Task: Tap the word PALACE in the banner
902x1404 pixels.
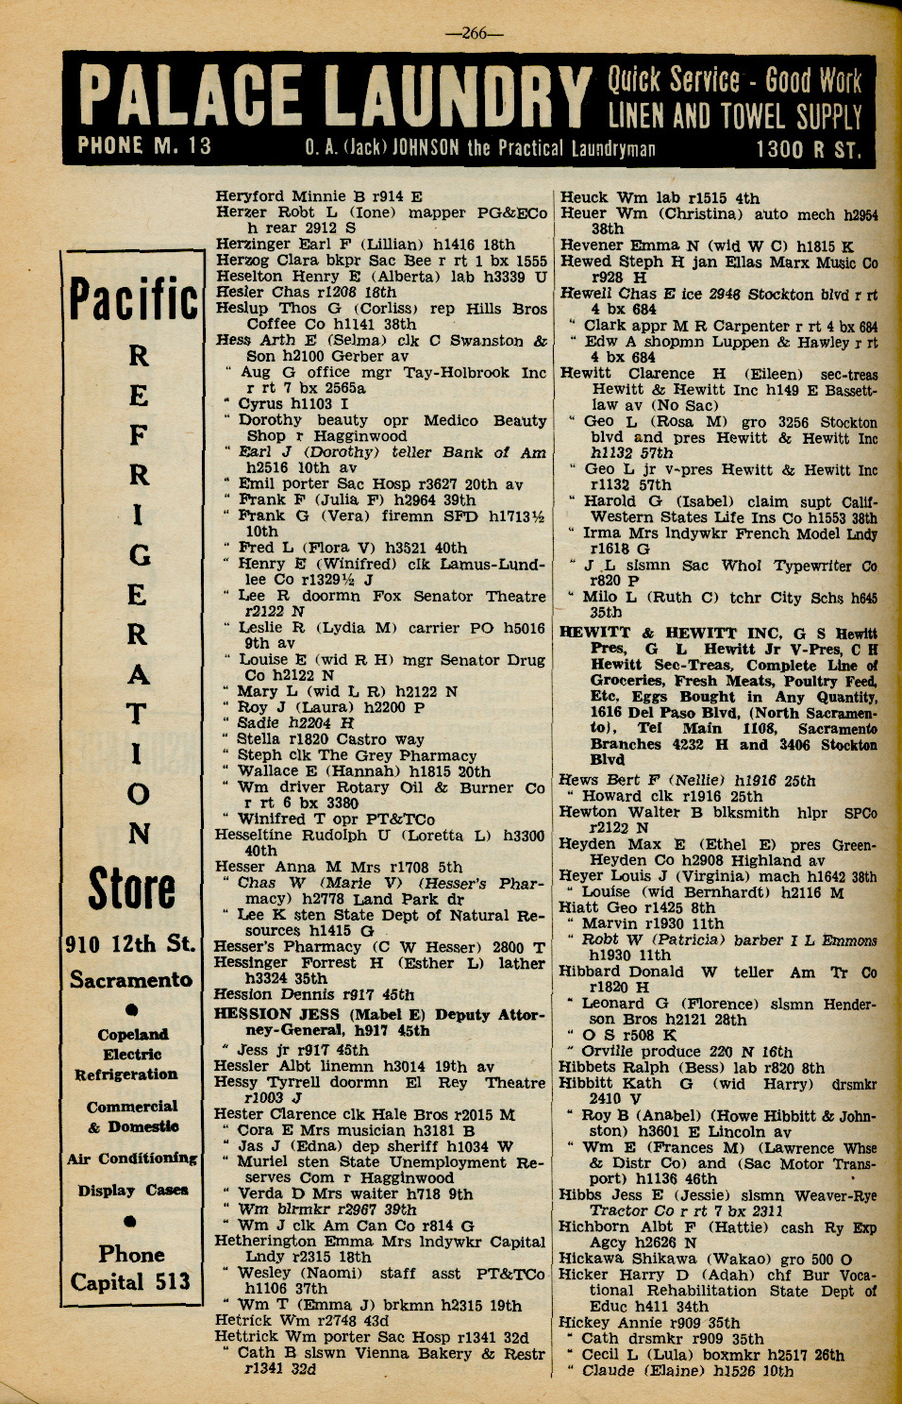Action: point(189,96)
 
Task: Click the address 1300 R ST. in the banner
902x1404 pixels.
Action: point(808,149)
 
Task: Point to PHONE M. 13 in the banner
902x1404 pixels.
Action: point(144,146)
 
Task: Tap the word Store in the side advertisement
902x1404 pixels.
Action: point(132,889)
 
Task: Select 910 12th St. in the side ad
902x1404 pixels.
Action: point(131,944)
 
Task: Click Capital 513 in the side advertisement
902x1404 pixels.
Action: point(131,1282)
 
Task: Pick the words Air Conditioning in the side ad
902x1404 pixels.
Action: point(131,1159)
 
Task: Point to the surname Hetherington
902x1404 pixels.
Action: point(270,1242)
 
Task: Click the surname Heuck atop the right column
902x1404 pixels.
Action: point(584,197)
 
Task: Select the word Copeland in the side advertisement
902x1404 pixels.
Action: point(132,1035)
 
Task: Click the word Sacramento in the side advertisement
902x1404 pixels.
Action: point(131,980)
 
